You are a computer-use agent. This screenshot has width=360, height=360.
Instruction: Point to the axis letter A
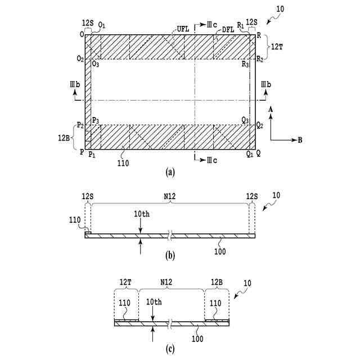pyautogui.click(x=271, y=109)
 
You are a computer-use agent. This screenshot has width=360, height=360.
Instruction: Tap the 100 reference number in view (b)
pyautogui.click(x=220, y=251)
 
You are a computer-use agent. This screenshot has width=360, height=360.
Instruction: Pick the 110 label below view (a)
pyautogui.click(x=123, y=163)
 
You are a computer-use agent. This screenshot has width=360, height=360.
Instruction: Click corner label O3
pyautogui.click(x=96, y=64)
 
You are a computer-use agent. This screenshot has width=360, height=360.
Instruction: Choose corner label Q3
pyautogui.click(x=245, y=119)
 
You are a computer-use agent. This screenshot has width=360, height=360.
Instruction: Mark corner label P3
pyautogui.click(x=96, y=119)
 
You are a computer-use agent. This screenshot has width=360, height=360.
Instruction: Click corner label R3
pyautogui.click(x=245, y=64)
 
